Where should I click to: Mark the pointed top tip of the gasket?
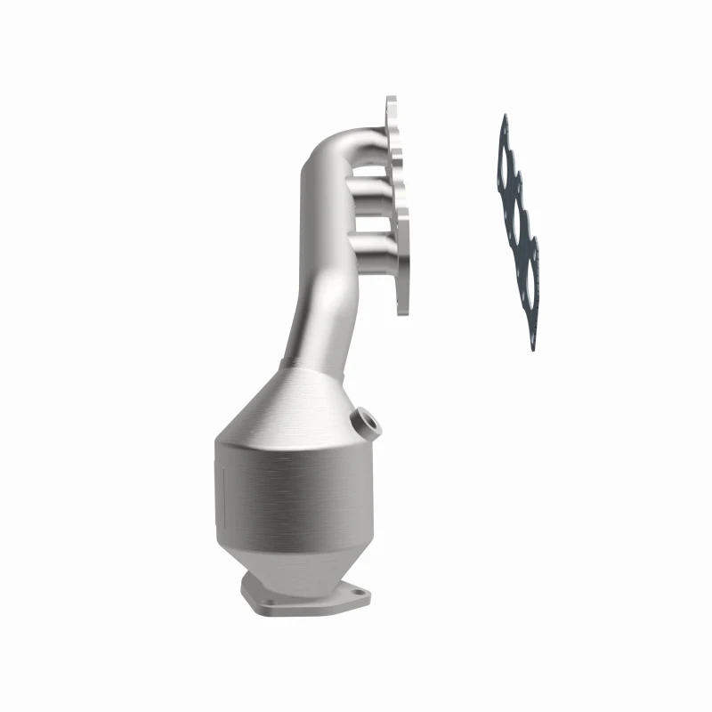pyautogui.click(x=505, y=117)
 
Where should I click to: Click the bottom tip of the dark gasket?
pyautogui.click(x=533, y=347)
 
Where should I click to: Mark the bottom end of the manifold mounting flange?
pyautogui.click(x=402, y=307)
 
